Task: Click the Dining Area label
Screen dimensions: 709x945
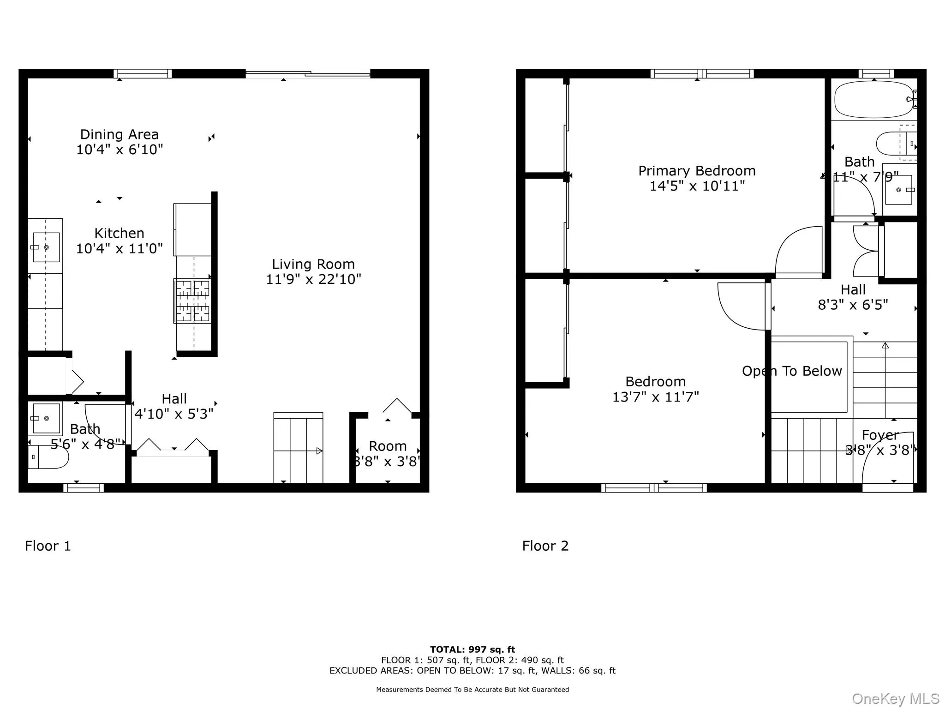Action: (120, 134)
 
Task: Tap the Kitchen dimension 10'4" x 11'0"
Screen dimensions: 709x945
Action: (120, 249)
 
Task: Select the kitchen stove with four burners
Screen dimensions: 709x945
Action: (192, 300)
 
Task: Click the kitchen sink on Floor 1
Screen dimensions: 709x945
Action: (46, 247)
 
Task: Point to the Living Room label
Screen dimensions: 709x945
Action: (313, 264)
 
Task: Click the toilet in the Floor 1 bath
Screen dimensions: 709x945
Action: (48, 457)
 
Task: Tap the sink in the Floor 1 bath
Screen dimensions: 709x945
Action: (46, 419)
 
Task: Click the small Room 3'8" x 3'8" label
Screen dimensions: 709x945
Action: (387, 446)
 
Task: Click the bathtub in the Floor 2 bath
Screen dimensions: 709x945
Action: (873, 99)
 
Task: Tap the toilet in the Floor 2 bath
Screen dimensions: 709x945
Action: (896, 144)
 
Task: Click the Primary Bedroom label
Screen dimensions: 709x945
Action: (697, 171)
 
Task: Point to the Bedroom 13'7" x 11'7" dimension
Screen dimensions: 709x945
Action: (655, 397)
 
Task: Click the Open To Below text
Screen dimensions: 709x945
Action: (792, 371)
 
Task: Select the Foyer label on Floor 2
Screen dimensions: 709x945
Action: (880, 435)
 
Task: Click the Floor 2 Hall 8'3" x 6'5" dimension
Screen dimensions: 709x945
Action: (853, 305)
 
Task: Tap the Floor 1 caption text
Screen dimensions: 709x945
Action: (48, 546)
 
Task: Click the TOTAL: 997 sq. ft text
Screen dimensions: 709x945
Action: (472, 649)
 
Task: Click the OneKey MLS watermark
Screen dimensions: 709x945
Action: (895, 699)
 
